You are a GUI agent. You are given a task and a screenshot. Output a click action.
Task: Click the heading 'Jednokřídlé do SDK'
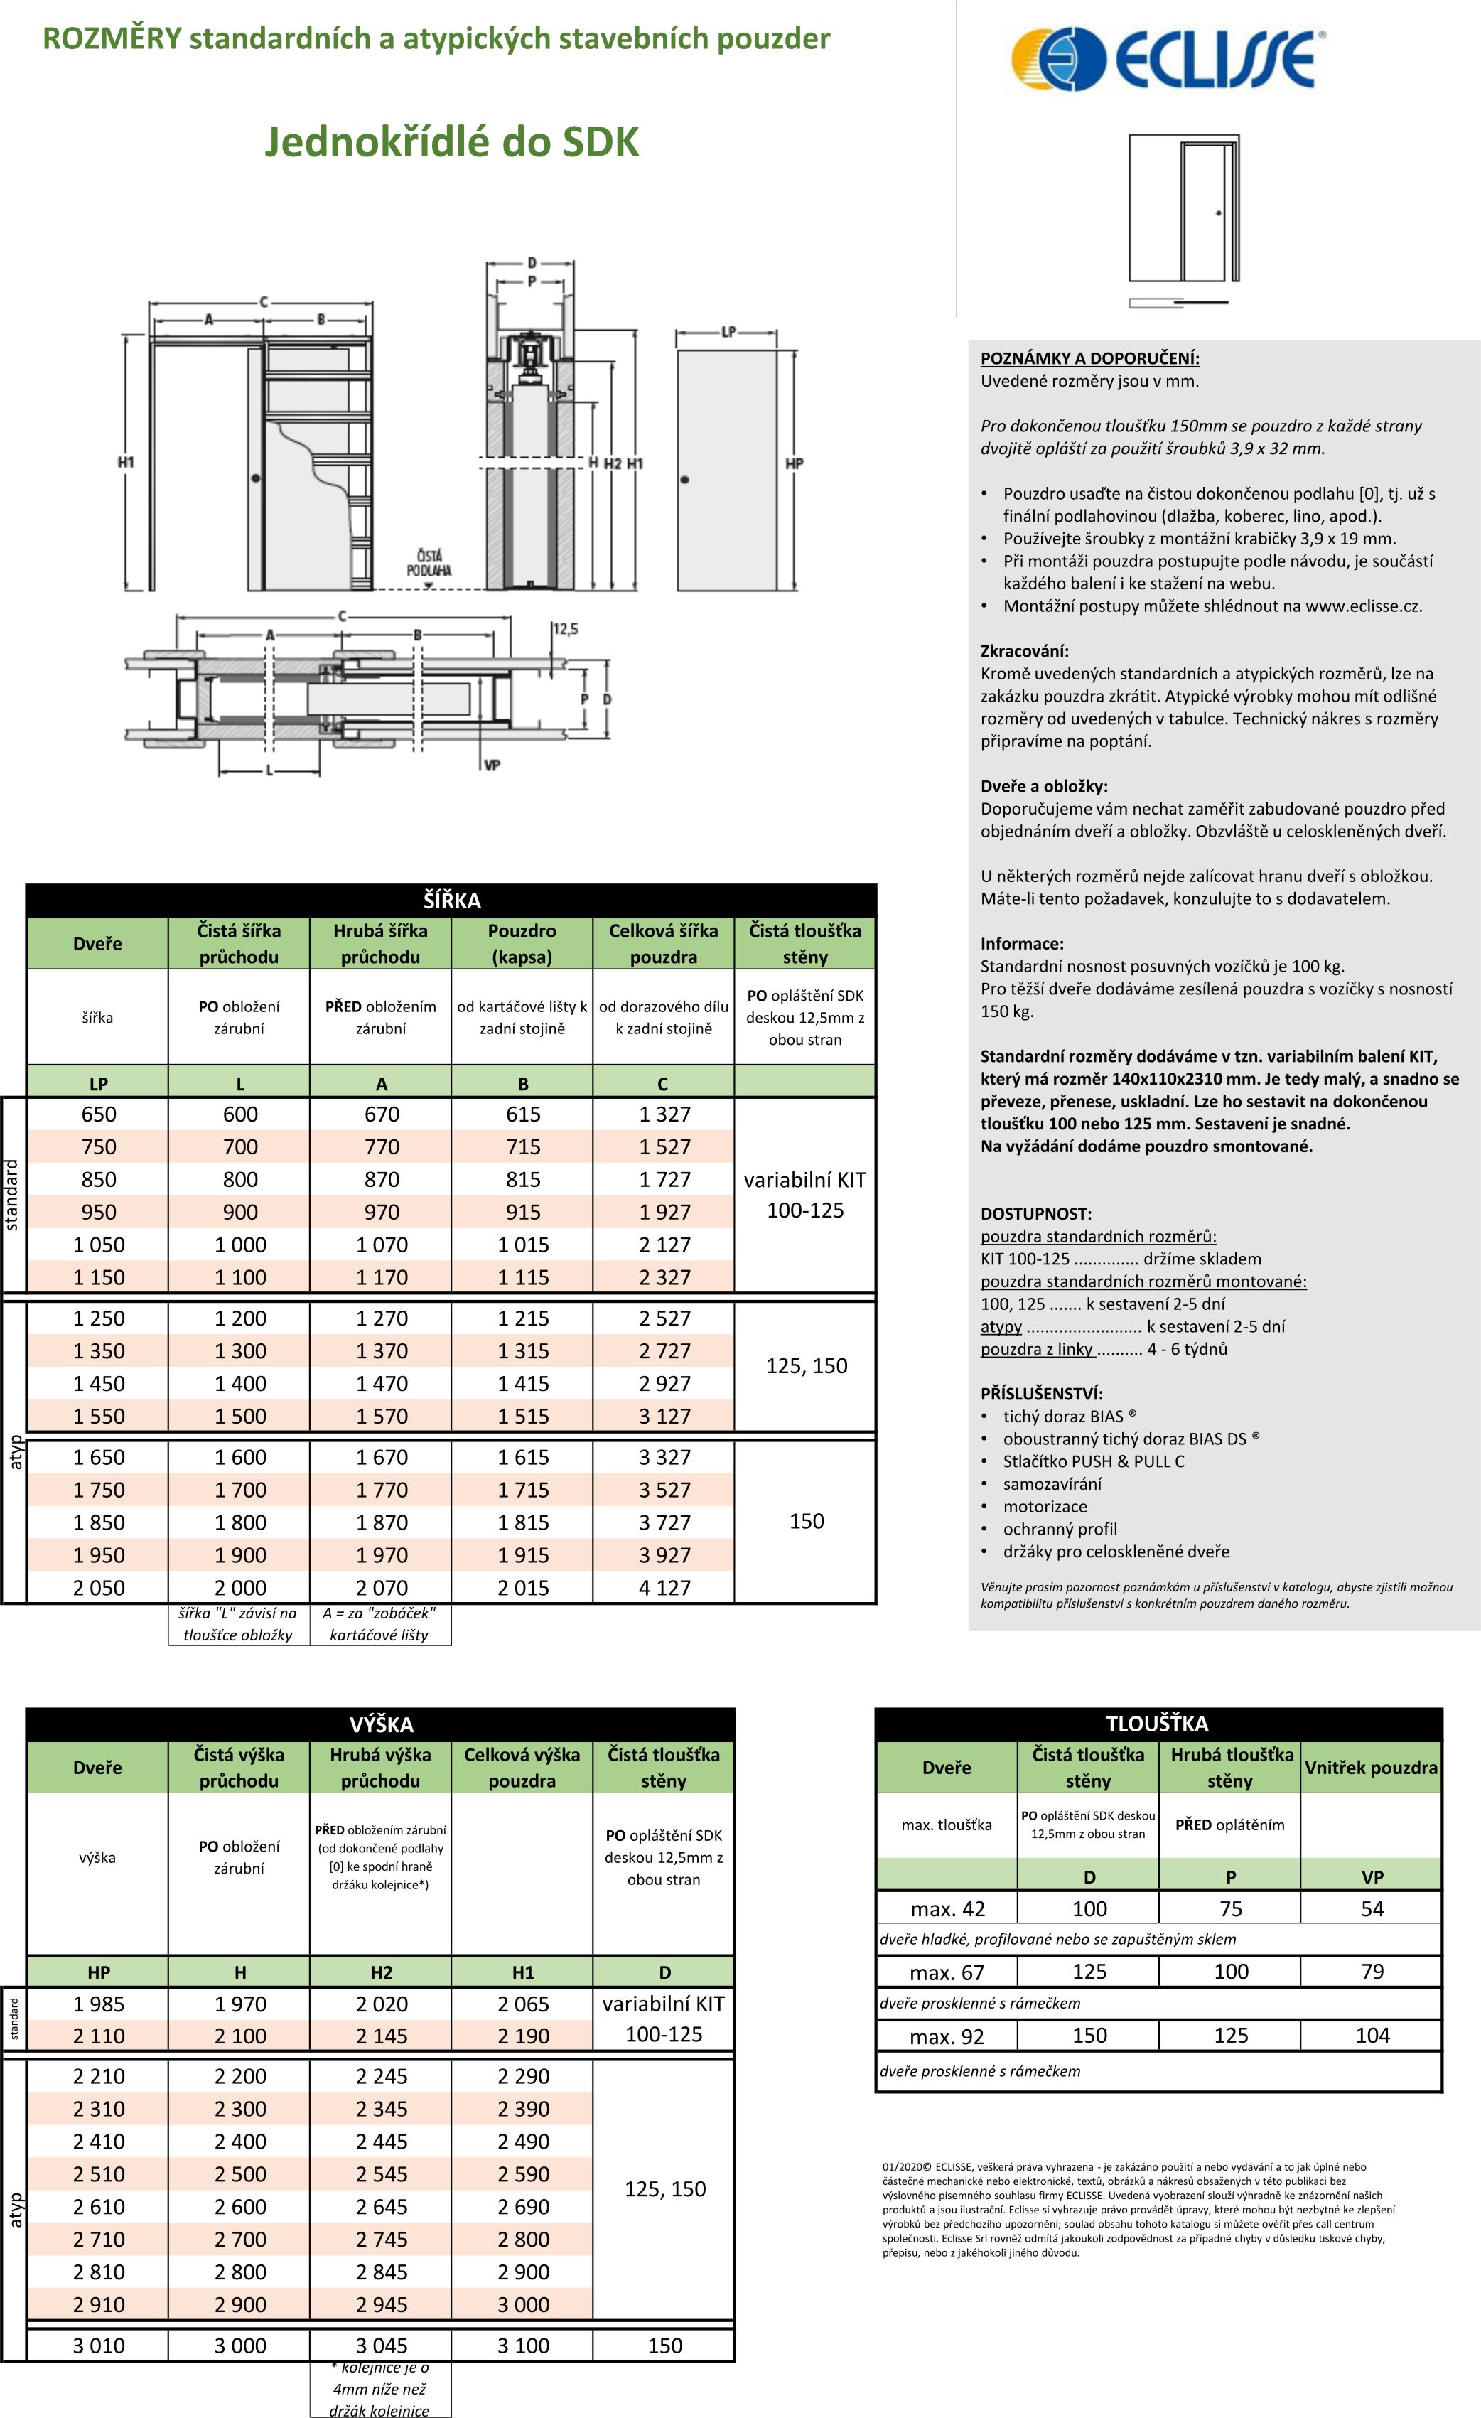(x=451, y=142)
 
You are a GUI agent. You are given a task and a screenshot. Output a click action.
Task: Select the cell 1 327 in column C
(x=664, y=1114)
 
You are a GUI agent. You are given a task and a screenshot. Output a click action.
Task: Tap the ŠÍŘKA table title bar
(x=451, y=900)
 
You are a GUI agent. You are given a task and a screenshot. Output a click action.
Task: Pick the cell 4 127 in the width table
(x=664, y=1587)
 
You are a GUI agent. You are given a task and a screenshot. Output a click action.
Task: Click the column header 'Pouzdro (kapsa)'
(x=522, y=943)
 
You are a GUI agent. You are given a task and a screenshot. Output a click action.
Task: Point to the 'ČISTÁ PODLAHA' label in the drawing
(x=429, y=562)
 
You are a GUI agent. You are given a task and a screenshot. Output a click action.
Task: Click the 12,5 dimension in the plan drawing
(x=565, y=629)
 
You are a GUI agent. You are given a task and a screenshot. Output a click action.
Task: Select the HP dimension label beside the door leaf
(x=794, y=463)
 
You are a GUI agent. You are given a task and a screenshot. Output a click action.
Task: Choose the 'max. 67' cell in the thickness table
(x=947, y=1972)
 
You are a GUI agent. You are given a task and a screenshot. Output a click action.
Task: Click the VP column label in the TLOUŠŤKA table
(x=1372, y=1876)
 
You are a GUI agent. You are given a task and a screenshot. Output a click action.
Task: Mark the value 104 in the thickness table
(x=1372, y=2036)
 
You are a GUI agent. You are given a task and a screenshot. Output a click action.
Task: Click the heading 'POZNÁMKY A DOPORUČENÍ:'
(x=1089, y=358)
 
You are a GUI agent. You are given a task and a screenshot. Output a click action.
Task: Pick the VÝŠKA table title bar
(x=381, y=1724)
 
